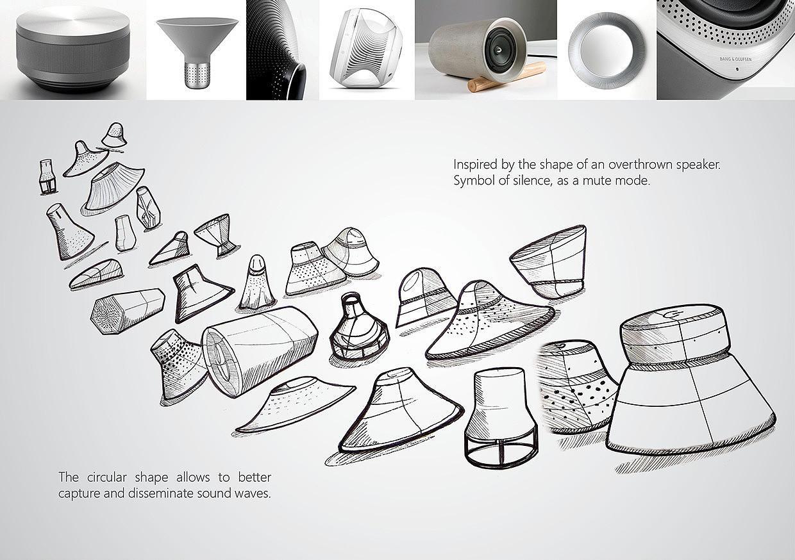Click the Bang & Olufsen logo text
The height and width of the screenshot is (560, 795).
(735, 59)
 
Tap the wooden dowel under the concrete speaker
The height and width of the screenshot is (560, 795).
(506, 78)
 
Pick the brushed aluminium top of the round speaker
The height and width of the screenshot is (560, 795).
(72, 21)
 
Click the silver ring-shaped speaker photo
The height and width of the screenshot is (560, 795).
(607, 50)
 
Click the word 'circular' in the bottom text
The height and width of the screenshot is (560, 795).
(107, 477)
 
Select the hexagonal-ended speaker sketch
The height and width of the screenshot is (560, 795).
(128, 311)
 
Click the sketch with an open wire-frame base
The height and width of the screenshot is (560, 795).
(501, 418)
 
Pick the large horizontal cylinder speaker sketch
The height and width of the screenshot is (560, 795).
(260, 350)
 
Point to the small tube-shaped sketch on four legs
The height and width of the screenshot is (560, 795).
(47, 177)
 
